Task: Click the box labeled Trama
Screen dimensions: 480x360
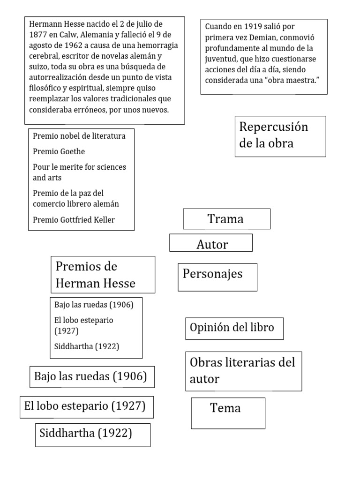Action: (226, 219)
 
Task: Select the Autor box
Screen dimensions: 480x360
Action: (211, 243)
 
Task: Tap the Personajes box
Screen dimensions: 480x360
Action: (217, 277)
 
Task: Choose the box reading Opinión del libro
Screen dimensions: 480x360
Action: (234, 328)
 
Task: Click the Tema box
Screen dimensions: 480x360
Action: (228, 413)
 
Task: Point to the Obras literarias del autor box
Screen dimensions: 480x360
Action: (243, 371)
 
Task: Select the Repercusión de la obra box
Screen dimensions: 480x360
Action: (280, 136)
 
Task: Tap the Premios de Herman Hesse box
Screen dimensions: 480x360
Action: (103, 275)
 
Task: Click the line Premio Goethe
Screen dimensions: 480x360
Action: (59, 152)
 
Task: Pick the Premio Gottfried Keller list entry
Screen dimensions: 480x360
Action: (74, 220)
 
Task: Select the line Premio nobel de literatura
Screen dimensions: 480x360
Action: (79, 136)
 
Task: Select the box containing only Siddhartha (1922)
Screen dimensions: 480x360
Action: (93, 435)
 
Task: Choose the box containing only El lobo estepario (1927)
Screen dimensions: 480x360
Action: (87, 407)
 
